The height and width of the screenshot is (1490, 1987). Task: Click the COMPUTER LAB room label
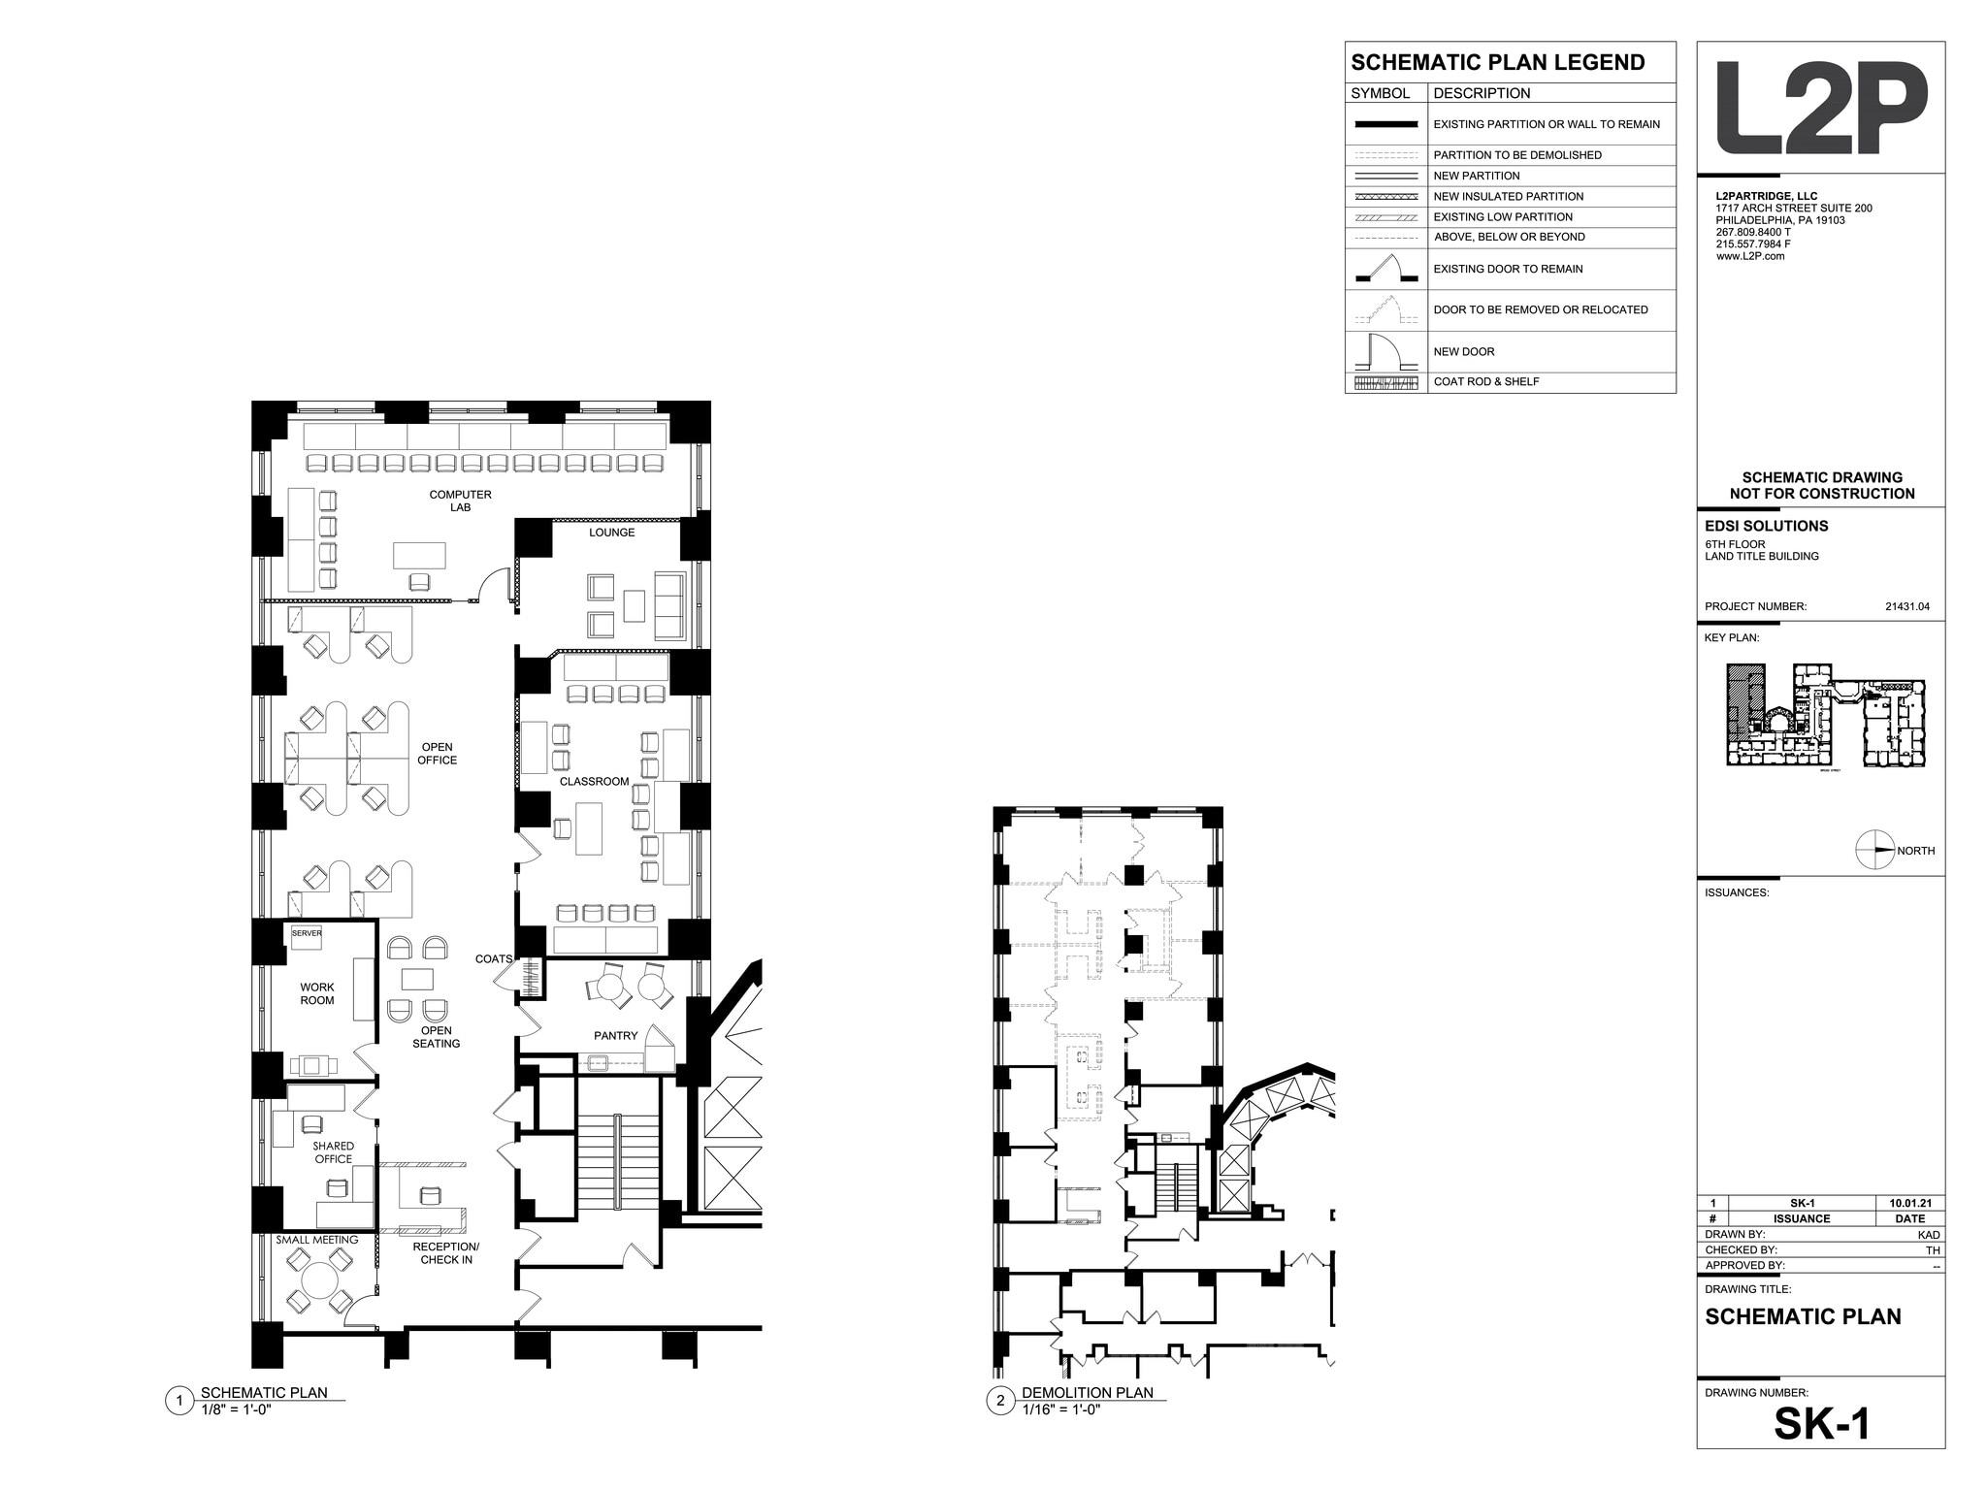point(460,501)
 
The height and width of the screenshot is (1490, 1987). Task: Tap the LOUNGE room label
point(611,533)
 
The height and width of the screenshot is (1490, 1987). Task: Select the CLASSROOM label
point(594,781)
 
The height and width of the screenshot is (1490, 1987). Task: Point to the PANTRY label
point(615,1036)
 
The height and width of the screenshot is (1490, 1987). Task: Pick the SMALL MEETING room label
point(316,1240)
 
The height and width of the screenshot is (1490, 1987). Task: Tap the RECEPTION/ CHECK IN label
point(446,1253)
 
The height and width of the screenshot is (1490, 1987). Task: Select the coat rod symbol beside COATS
point(532,977)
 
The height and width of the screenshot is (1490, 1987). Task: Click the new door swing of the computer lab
point(497,586)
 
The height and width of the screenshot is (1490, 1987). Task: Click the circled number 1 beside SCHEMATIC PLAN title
point(179,1401)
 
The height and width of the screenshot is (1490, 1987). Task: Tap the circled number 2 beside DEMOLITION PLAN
point(1000,1401)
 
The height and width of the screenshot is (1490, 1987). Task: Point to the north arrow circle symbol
point(1873,850)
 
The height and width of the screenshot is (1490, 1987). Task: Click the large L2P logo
point(1820,108)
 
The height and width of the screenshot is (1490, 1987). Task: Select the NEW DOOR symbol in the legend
point(1385,351)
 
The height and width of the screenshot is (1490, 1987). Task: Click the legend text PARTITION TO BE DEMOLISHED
point(1517,155)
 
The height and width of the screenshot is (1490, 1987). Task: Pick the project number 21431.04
point(1906,606)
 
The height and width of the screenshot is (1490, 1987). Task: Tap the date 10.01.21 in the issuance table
point(1909,1203)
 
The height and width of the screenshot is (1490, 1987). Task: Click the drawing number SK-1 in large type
point(1821,1424)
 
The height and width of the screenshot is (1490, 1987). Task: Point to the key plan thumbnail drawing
point(1825,716)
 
